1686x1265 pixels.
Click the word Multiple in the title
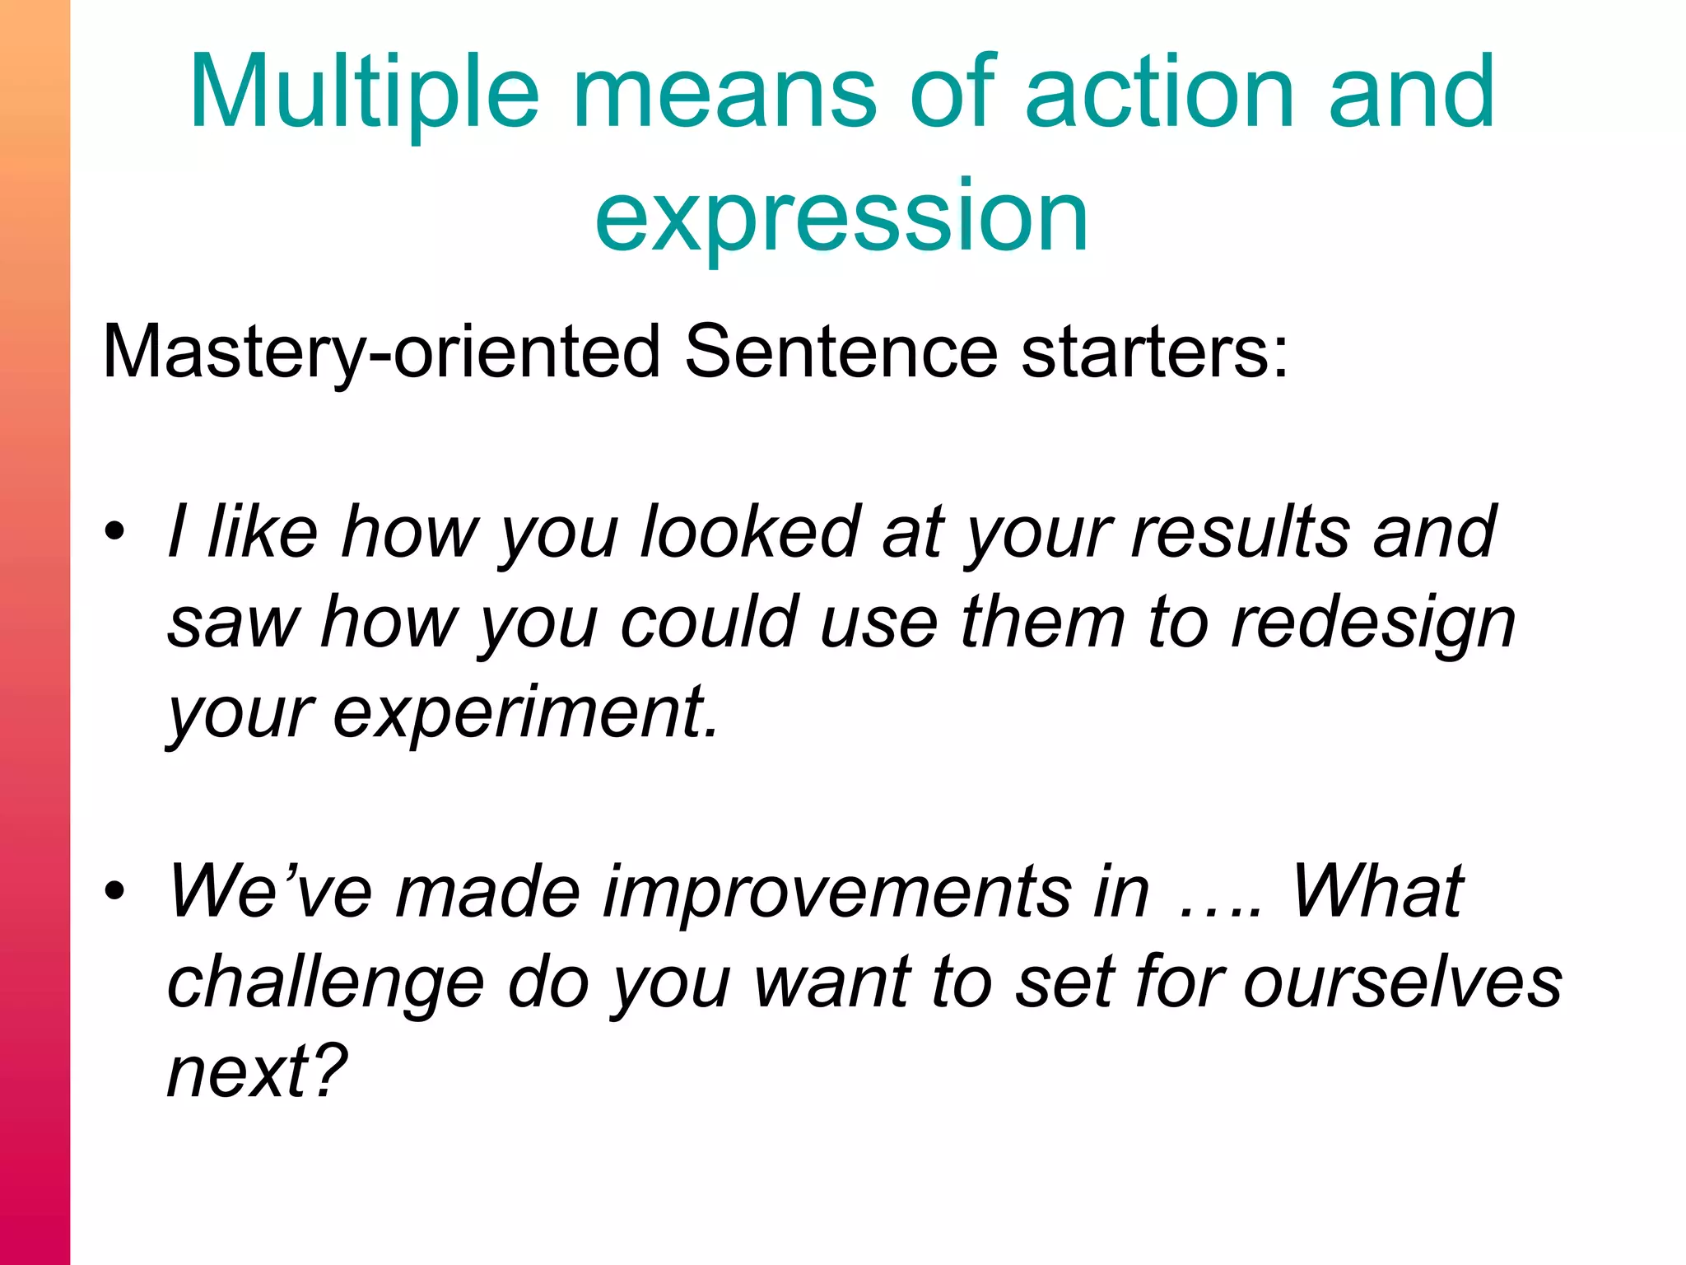(365, 92)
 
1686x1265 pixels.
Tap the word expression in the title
(841, 216)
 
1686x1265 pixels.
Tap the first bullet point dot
(114, 531)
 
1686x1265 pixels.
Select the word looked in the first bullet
(751, 531)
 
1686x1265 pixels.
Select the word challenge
(326, 982)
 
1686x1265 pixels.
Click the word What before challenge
(1377, 891)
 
